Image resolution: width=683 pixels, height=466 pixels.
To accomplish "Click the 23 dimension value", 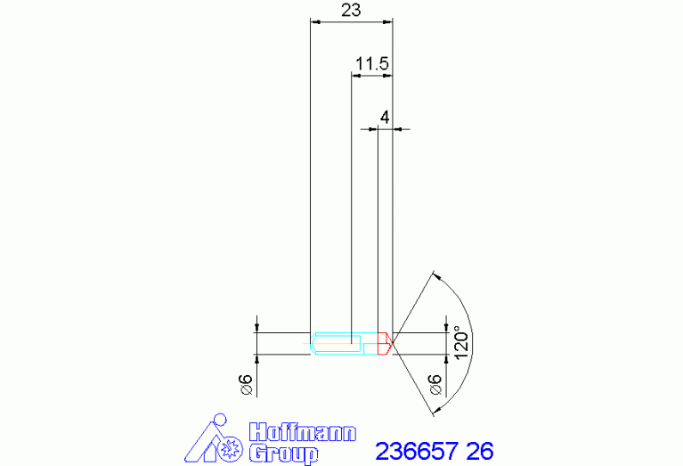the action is tap(351, 10).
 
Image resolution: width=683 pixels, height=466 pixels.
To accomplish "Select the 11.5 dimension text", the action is tap(372, 63).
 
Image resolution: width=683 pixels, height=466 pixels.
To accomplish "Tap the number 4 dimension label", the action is tap(385, 118).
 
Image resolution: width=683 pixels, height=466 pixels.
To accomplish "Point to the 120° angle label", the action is tap(461, 343).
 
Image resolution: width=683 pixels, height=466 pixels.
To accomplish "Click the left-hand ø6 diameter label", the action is tap(247, 384).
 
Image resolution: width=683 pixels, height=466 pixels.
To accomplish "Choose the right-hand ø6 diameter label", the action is tap(435, 384).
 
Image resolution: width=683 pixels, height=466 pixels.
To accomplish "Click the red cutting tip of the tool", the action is tap(385, 344).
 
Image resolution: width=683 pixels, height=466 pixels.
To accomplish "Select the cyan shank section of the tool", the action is tap(344, 344).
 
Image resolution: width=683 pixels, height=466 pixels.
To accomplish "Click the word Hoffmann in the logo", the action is tap(303, 432).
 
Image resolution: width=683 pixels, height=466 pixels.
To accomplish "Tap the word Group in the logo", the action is tap(283, 454).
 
